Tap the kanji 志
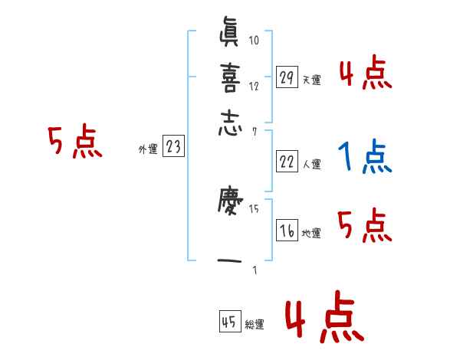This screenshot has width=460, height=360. (229, 123)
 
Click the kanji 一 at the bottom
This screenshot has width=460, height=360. (229, 262)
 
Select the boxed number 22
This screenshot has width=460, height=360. (287, 161)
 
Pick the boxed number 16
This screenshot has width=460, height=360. (287, 231)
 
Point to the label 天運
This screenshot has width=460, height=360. (311, 80)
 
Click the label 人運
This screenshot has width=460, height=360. (311, 164)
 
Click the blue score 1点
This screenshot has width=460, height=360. (365, 157)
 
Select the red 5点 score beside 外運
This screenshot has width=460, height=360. (74, 142)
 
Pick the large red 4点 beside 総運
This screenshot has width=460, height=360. (322, 320)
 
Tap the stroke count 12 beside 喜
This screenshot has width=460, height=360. (254, 86)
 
